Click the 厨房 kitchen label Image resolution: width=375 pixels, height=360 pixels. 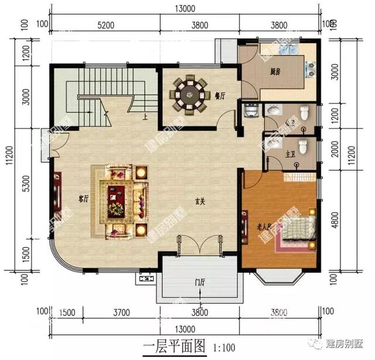pos(274,73)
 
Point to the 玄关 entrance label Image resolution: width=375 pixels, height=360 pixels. pos(200,202)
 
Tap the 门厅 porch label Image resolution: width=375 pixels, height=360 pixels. pos(200,286)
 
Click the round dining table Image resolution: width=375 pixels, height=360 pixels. pos(189,94)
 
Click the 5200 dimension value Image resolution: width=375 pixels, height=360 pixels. pos(105,25)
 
